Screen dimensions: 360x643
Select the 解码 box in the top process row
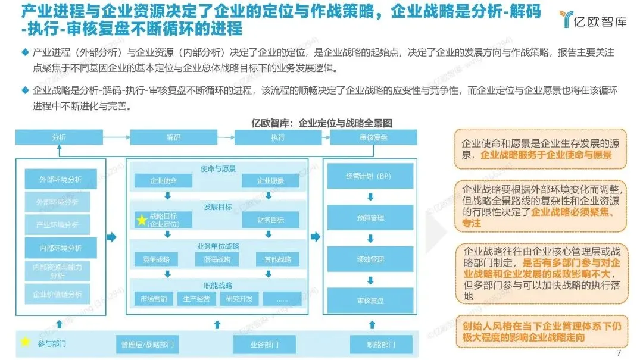[173, 137]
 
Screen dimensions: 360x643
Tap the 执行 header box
[278, 137]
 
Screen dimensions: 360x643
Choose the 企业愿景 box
[270, 180]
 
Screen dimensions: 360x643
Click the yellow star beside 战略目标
[142, 220]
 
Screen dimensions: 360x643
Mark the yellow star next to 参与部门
[25, 342]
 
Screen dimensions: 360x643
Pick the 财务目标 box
[270, 220]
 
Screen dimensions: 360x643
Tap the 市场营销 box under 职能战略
[154, 298]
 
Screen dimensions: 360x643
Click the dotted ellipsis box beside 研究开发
[282, 298]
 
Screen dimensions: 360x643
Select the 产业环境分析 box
[57, 225]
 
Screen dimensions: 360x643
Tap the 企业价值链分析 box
[57, 293]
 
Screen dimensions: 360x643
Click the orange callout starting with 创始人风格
[541, 331]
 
